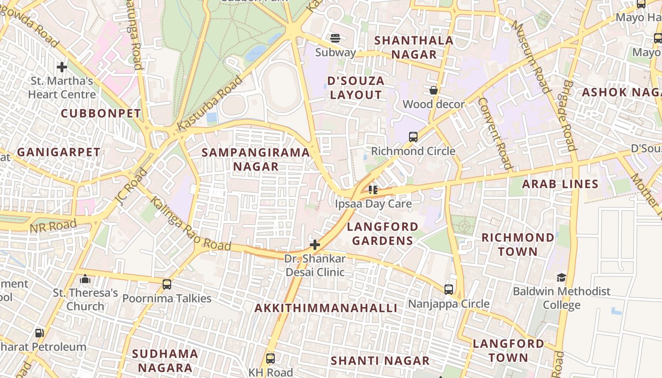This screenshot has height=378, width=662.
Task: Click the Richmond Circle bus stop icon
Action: click(x=413, y=137)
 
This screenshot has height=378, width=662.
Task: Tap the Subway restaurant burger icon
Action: click(x=335, y=38)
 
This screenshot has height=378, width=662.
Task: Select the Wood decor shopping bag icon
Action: click(x=433, y=90)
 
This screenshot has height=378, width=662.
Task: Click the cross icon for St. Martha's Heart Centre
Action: click(x=61, y=67)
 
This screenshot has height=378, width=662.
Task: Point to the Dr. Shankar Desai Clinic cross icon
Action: click(x=314, y=245)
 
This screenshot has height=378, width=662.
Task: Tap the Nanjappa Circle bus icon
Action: click(x=449, y=289)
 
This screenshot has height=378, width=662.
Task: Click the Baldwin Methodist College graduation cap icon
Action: click(x=561, y=277)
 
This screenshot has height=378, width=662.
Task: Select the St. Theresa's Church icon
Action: click(x=85, y=279)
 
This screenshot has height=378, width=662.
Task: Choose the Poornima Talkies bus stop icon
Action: click(x=166, y=284)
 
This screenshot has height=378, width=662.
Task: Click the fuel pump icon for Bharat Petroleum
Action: click(x=40, y=333)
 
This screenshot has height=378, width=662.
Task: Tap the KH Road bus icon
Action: click(x=270, y=358)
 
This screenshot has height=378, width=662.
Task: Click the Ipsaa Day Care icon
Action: click(x=373, y=190)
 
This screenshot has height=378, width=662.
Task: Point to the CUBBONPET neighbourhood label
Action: click(x=101, y=113)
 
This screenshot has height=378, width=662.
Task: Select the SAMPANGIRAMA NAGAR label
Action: click(x=256, y=159)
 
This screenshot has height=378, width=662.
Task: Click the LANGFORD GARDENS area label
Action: click(x=382, y=233)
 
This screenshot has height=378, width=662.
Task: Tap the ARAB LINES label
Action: click(x=560, y=184)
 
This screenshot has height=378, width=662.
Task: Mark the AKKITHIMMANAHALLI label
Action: click(x=326, y=308)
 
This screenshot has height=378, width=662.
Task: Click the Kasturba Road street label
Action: click(x=210, y=104)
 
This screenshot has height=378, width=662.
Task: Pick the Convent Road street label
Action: click(x=495, y=133)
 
